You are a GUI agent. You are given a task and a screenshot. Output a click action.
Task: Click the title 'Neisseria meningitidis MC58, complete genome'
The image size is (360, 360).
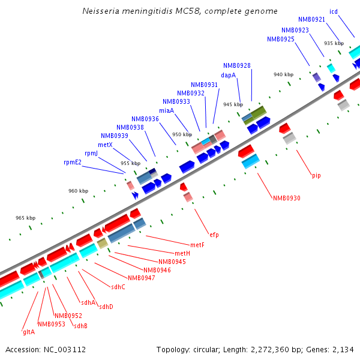point(179,11)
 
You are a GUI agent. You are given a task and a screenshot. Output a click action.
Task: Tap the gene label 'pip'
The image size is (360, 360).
point(316,175)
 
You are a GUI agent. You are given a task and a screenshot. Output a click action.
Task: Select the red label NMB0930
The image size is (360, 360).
point(287,198)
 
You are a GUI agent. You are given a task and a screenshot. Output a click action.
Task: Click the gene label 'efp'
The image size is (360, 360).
point(214,234)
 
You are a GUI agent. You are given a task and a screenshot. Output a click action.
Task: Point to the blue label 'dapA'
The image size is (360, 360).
point(228,76)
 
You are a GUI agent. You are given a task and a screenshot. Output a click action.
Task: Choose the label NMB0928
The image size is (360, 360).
point(237,65)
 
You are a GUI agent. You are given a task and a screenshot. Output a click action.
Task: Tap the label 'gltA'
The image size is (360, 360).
point(29,332)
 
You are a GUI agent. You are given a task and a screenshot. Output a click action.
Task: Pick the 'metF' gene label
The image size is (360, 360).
point(197,245)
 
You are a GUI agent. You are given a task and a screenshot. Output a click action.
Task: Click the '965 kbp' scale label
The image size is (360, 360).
point(25,218)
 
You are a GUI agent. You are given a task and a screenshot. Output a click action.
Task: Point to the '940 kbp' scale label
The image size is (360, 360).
point(283,74)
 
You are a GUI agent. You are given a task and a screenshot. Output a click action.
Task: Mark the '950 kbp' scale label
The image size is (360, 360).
point(181,134)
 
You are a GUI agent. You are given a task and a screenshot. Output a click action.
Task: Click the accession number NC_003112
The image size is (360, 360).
point(46,349)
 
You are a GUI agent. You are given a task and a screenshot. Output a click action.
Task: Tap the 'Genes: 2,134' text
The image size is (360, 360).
point(332,349)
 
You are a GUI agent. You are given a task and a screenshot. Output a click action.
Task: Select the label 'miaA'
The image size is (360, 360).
point(166,110)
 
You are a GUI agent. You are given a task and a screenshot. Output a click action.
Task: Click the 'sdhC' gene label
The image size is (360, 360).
point(118,287)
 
